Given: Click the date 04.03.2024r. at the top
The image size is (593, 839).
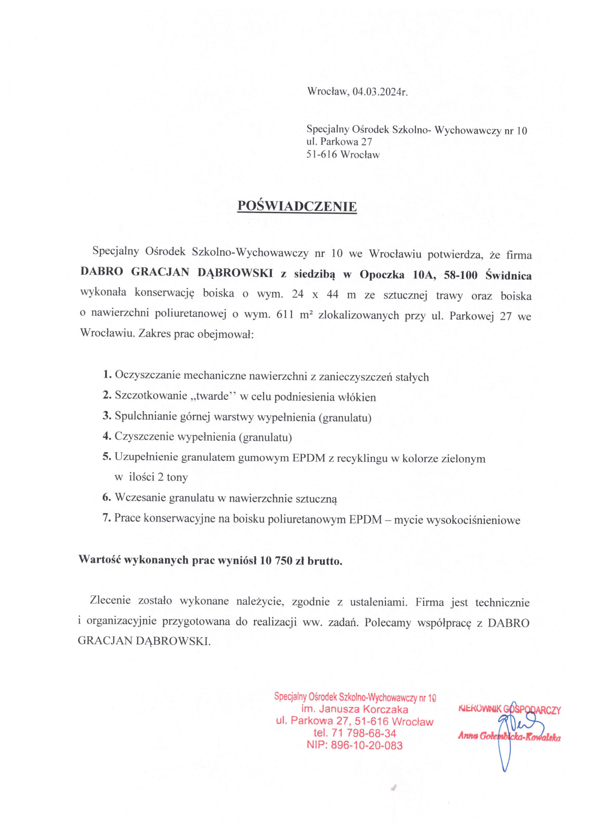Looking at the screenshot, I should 380,92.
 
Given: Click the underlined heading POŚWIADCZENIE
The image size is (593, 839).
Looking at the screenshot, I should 297,206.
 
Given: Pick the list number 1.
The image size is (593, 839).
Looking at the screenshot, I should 107,375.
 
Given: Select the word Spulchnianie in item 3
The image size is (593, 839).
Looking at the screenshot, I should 146,417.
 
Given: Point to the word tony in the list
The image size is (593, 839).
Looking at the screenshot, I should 177,477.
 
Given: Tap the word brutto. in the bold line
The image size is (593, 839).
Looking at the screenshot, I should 325,560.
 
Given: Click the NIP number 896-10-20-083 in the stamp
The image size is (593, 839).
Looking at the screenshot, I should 367,746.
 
